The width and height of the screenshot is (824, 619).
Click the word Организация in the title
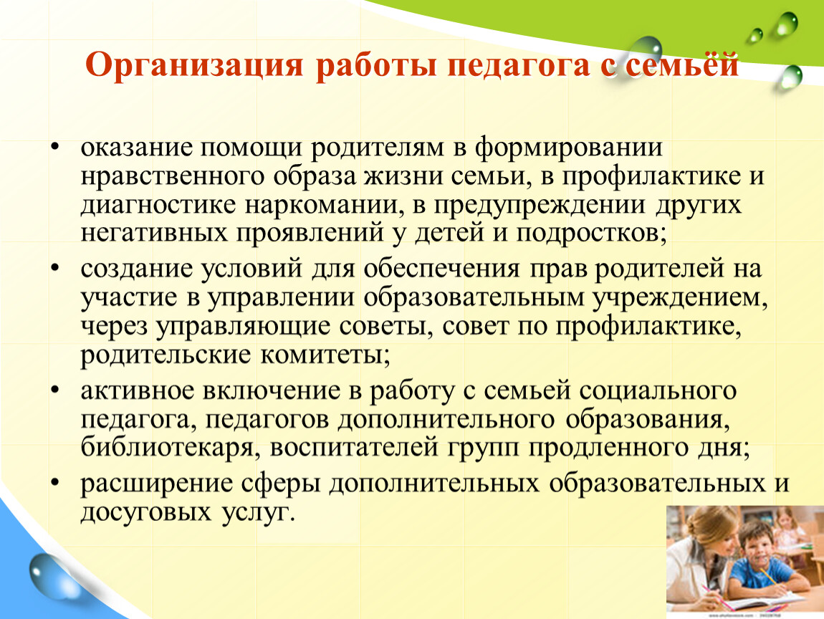[194, 66]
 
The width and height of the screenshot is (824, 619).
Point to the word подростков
[591, 233]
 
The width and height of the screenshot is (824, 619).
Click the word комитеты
[325, 355]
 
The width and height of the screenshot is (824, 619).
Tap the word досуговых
[146, 512]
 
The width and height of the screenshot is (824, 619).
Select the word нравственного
[173, 176]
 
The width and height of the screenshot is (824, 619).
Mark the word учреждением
[681, 297]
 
